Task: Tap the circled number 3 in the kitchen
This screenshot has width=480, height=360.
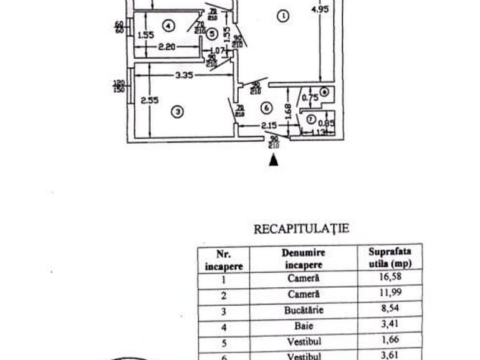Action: click(178, 112)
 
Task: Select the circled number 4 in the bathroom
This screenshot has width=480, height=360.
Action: click(166, 26)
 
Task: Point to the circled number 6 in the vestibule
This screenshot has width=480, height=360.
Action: click(266, 108)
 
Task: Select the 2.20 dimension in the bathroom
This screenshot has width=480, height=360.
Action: click(166, 46)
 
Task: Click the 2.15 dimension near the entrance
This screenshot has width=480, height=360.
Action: click(269, 126)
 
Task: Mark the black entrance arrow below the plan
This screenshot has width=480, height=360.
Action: click(273, 160)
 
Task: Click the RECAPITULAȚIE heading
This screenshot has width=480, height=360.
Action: click(301, 229)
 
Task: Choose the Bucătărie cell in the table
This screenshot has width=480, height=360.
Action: click(304, 310)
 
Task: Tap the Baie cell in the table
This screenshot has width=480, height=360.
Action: click(304, 325)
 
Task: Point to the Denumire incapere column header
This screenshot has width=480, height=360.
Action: click(304, 258)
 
